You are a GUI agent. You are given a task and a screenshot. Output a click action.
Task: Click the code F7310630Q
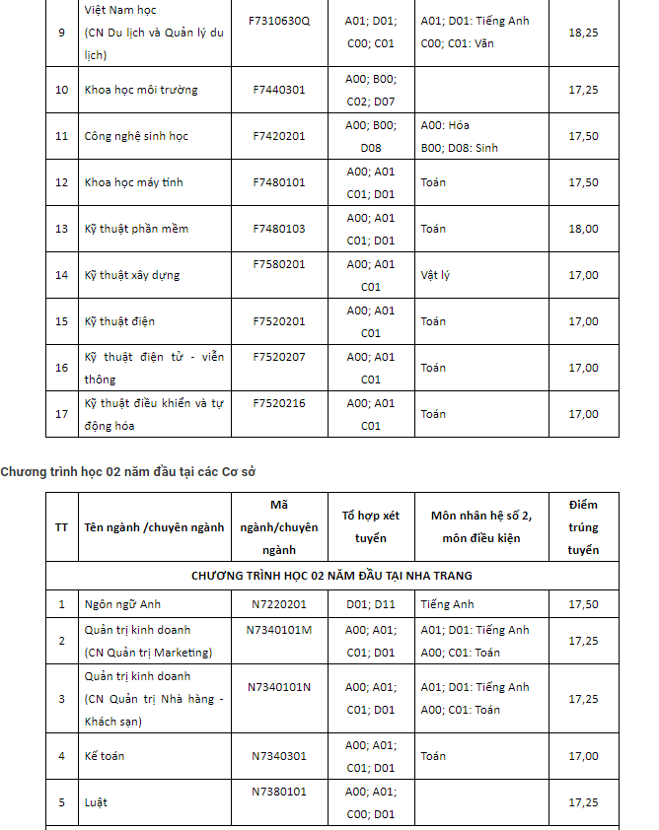[281, 21]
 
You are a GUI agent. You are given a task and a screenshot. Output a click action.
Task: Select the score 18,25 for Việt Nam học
[583, 33]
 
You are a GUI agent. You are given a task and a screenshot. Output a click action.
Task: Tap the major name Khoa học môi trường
[141, 90]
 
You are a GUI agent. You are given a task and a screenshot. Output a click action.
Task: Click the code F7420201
[279, 136]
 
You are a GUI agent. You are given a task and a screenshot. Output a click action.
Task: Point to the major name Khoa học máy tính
[134, 182]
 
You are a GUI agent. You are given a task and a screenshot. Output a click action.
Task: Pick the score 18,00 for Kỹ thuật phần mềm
[583, 229]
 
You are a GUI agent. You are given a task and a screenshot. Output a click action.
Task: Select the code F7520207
[279, 357]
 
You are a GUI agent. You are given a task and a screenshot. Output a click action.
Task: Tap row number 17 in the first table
[62, 414]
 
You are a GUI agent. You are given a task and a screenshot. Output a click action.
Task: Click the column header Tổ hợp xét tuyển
[371, 526]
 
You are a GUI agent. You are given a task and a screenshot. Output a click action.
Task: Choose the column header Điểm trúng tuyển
[583, 526]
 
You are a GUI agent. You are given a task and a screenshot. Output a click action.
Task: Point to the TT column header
[62, 526]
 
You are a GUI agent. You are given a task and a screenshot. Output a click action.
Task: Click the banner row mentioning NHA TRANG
[331, 575]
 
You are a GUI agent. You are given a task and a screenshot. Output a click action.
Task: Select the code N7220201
[279, 604]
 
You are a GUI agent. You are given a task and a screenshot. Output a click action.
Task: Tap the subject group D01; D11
[371, 604]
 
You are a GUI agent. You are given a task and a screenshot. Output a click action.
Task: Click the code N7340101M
[279, 630]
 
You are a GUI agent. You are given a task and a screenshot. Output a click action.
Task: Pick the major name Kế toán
[105, 756]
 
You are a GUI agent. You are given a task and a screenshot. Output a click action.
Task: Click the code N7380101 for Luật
[279, 792]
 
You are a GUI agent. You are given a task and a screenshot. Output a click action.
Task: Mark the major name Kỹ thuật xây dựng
[132, 275]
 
